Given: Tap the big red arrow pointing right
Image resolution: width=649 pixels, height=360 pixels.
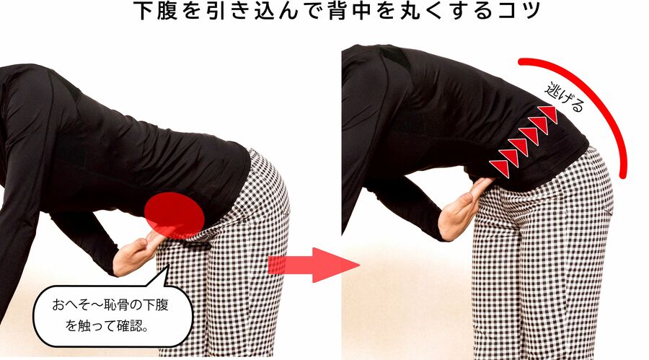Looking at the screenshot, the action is [314, 265].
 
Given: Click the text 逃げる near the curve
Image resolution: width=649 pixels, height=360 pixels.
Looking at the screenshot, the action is [565, 97].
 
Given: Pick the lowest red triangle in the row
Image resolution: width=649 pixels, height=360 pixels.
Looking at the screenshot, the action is [500, 168].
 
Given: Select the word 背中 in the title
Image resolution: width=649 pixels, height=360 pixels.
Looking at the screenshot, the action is [337, 12].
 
